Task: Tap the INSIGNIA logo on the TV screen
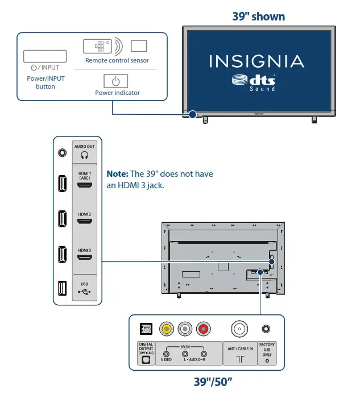[x=256, y=61]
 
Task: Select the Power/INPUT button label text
[x=45, y=82]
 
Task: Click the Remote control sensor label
[x=117, y=60]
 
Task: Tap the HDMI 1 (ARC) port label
[x=85, y=174]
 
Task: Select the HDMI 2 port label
[x=85, y=214]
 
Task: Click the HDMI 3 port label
[x=85, y=250]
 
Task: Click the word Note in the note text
[x=117, y=174]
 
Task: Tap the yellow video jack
[x=167, y=328]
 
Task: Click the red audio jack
[x=203, y=328]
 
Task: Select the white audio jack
[x=185, y=328]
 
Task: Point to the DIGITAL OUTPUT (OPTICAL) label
[x=146, y=349]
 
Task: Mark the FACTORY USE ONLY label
[x=266, y=350]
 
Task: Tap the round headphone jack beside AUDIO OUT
[x=61, y=152]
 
